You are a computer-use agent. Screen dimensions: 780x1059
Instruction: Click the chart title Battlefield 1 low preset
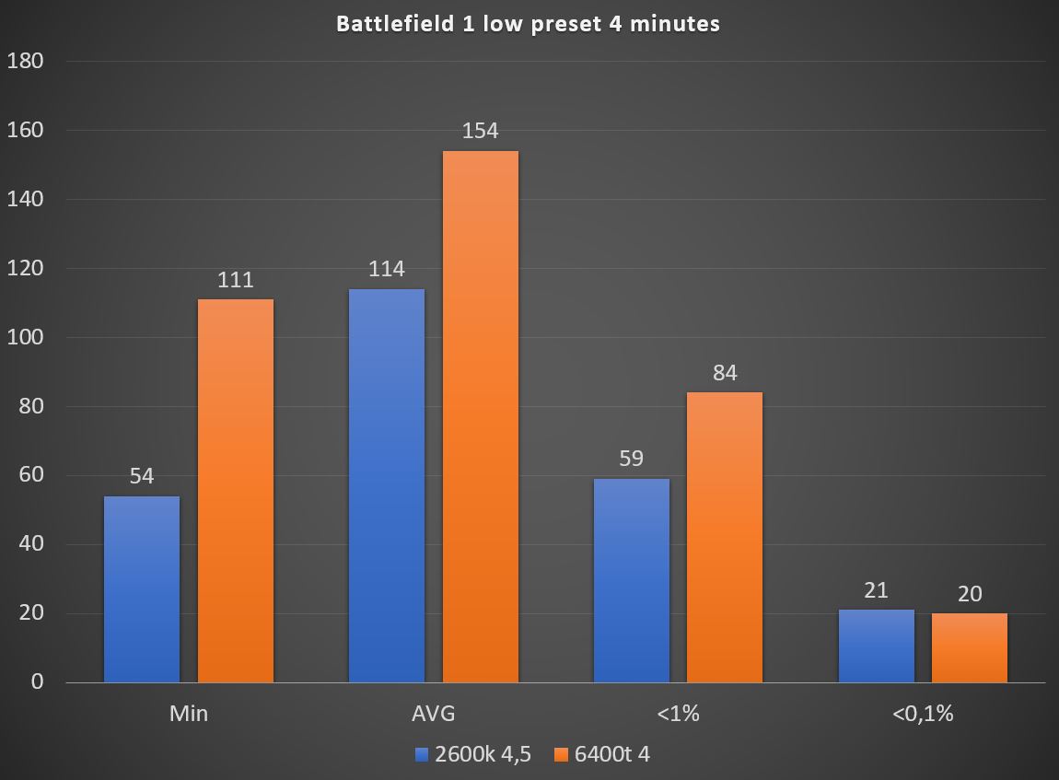528,24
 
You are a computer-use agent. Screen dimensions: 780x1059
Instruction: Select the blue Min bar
142,589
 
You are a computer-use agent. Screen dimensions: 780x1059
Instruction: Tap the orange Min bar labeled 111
236,491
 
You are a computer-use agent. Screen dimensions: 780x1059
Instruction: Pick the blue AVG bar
387,485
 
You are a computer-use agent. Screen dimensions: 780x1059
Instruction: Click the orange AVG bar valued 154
481,416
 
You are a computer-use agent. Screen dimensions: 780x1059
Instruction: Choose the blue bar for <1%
632,580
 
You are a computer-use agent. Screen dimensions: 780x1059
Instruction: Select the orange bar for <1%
725,537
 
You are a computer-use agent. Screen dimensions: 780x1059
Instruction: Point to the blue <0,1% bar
877,646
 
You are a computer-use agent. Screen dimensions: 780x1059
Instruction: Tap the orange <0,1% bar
970,647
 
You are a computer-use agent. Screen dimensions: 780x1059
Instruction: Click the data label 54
142,476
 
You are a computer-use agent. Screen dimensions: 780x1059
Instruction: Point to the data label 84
725,373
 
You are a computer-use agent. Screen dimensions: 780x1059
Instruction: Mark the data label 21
877,590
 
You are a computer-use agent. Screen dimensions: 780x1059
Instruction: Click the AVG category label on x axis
434,714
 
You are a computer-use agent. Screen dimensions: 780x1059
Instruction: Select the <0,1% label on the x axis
923,714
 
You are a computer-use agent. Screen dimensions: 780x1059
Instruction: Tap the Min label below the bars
189,714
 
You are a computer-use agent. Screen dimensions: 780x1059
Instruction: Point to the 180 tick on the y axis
25,62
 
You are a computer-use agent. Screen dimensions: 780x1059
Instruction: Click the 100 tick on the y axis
25,337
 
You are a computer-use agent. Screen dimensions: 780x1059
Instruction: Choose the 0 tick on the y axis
37,682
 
